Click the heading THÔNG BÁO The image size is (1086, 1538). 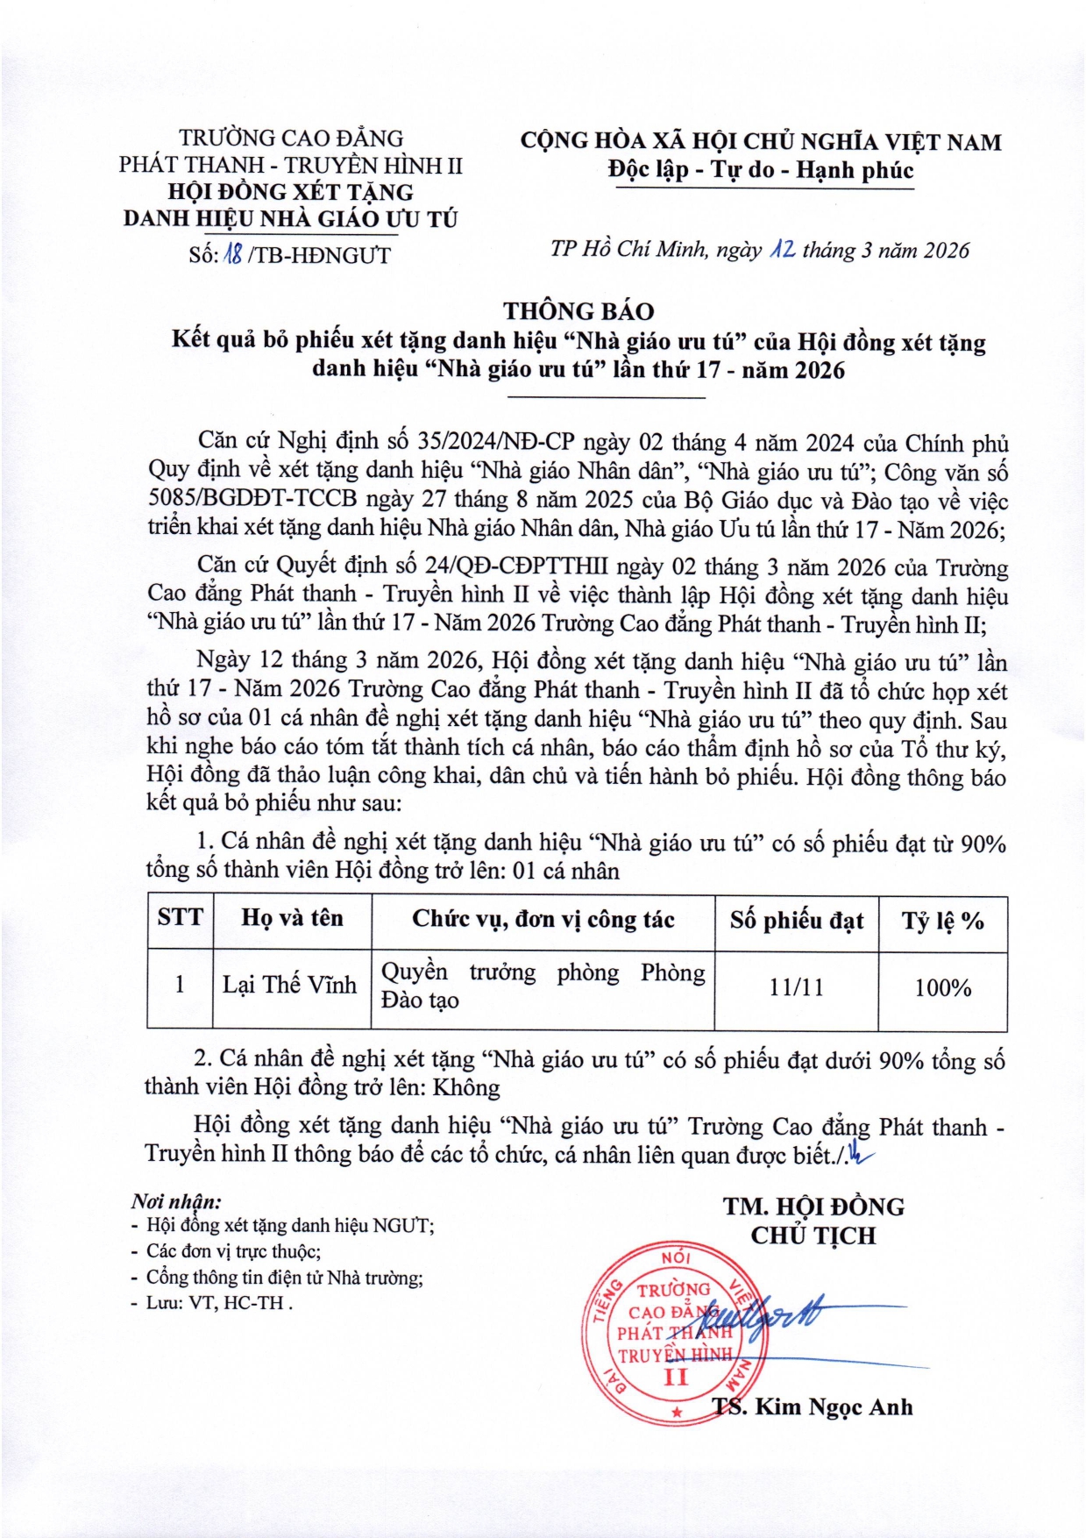point(578,311)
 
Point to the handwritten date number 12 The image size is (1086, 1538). point(782,250)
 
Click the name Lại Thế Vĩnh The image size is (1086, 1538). point(289,985)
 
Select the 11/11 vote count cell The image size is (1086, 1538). point(796,987)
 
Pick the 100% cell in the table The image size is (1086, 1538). point(942,987)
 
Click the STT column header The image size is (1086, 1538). point(180,918)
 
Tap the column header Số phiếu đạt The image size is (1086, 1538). point(796,920)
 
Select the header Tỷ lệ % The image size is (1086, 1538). point(942,920)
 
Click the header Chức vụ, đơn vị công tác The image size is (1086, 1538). point(543,919)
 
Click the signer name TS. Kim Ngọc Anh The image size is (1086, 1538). point(813,1407)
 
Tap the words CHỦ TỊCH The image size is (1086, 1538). point(813,1235)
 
